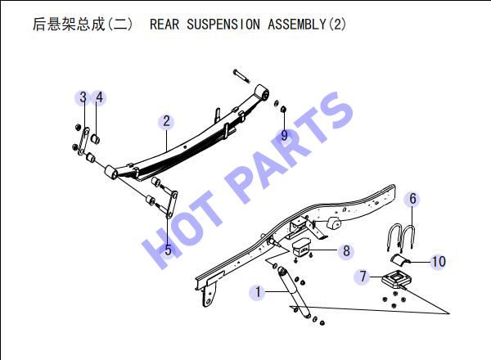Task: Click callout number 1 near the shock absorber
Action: pos(258,292)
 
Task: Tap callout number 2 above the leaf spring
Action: pos(166,121)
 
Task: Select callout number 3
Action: pos(83,97)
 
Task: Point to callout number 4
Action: pos(99,97)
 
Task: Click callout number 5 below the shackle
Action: pos(169,250)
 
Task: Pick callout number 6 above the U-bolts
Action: pos(412,199)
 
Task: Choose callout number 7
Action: pos(363,276)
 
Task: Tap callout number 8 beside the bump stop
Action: pos(346,250)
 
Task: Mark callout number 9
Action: pos(284,135)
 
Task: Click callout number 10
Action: pos(439,261)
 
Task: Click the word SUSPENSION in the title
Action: pos(223,24)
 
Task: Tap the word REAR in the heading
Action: pos(164,24)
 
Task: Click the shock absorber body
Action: pos(294,292)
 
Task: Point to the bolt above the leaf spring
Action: pos(241,76)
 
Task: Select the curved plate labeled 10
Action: pos(400,260)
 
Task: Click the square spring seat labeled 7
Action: pos(396,278)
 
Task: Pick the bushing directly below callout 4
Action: pos(96,138)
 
